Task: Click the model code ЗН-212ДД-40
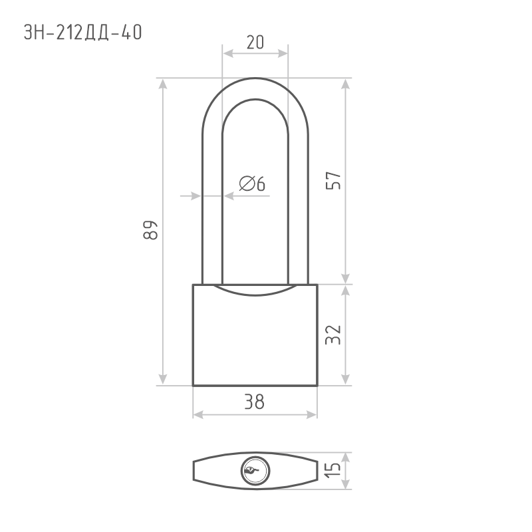82,33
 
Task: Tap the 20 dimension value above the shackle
255,43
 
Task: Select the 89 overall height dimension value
150,230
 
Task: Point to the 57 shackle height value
333,181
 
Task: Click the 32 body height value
333,334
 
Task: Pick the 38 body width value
255,402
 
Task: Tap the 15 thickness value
333,470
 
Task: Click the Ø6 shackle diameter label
252,184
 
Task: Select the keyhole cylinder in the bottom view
255,471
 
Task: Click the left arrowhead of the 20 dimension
227,53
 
